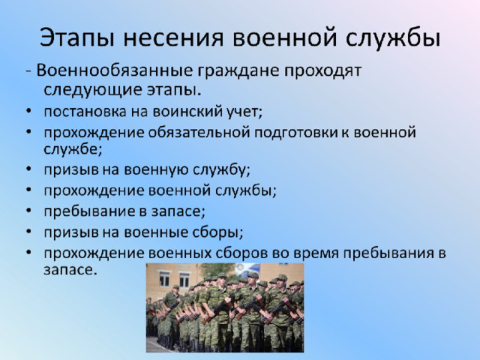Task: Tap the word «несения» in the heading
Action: tap(173, 38)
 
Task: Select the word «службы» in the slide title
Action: tap(393, 38)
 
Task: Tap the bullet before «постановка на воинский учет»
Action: tap(28, 112)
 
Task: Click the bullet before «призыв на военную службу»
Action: tap(28, 169)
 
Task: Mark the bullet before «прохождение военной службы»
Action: tap(28, 190)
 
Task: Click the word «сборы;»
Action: tap(218, 232)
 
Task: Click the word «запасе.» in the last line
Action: tap(70, 270)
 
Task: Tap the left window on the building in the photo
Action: tap(164, 278)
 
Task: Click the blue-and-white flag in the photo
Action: tap(248, 270)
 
